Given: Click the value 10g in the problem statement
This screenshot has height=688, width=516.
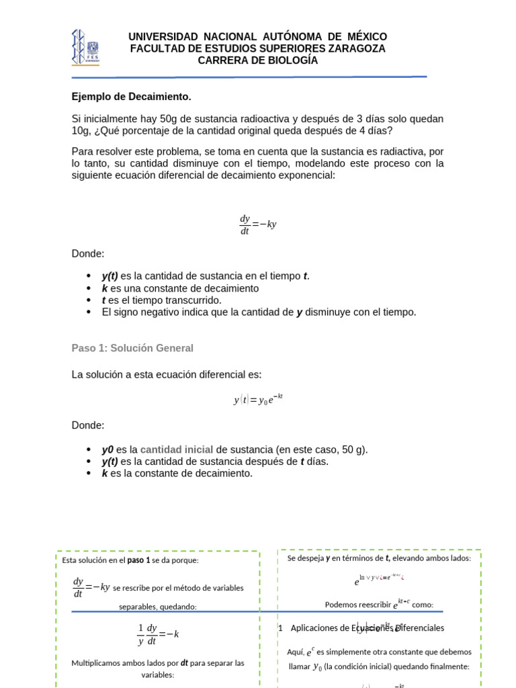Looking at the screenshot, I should pyautogui.click(x=82, y=131).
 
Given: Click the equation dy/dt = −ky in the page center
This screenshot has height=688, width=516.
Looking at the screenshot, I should pyautogui.click(x=257, y=224).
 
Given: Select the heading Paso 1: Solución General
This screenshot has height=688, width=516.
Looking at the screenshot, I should pyautogui.click(x=132, y=348).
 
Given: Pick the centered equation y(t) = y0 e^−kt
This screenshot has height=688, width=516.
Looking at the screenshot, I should pyautogui.click(x=258, y=400).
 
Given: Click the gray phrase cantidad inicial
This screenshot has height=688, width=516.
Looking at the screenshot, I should pyautogui.click(x=177, y=449).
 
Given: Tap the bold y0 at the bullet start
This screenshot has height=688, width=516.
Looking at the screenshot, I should pyautogui.click(x=107, y=449).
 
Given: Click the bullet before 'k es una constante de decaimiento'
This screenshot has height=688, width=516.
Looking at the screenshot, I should pyautogui.click(x=89, y=288).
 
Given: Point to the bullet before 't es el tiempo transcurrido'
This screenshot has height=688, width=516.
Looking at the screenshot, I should pyautogui.click(x=89, y=300).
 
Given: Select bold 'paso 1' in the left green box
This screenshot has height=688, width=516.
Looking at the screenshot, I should pyautogui.click(x=140, y=560).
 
